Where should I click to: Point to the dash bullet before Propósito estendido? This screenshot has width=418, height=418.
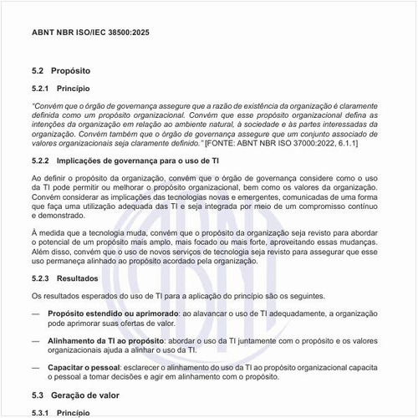pos(35,312)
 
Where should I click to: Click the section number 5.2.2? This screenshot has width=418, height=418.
pos(43,160)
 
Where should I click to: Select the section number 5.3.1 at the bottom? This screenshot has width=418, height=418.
pos(43,411)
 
